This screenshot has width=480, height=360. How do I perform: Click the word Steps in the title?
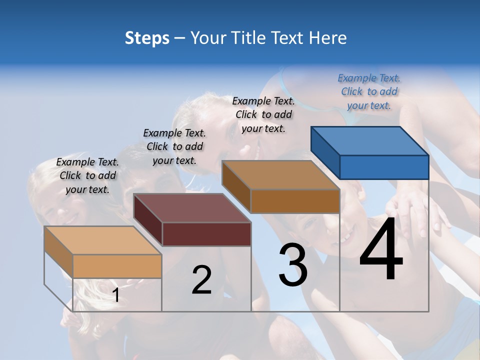click(147, 38)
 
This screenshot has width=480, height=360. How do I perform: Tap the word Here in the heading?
click(328, 38)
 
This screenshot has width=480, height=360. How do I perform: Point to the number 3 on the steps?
click(293, 265)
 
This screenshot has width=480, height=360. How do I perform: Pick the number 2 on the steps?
click(201, 280)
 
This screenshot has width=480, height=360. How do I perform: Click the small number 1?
click(115, 295)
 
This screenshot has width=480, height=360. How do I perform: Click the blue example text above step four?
click(369, 91)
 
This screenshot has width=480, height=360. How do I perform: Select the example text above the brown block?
click(263, 114)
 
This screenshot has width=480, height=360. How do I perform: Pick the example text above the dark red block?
click(174, 146)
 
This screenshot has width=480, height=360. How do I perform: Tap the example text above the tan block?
click(87, 175)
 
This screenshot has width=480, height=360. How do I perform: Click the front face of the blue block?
click(384, 167)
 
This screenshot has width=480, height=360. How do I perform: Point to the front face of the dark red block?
click(206, 234)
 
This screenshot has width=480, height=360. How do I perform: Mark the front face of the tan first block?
click(117, 266)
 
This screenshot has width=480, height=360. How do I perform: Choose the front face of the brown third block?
click(295, 201)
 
